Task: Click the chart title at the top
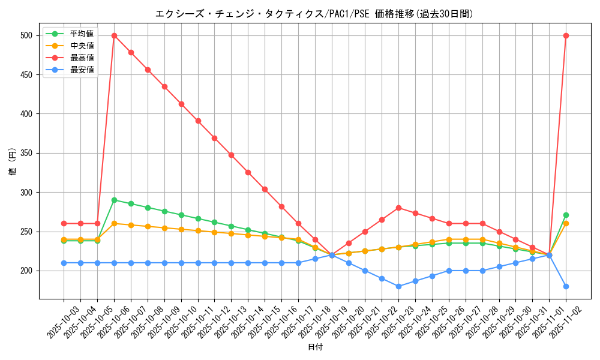(314, 14)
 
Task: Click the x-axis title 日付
(314, 347)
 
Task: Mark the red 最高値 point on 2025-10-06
(114, 35)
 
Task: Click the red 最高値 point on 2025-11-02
(566, 35)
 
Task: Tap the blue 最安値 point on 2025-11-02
(566, 286)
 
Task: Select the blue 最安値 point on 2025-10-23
(398, 286)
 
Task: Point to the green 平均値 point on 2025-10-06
(114, 200)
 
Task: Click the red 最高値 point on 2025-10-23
(398, 208)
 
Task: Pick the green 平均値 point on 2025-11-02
(566, 215)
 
